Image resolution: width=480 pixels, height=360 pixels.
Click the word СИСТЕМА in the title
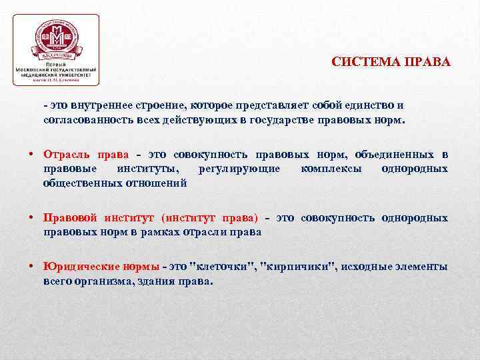363,63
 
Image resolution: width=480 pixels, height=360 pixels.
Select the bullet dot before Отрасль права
31,154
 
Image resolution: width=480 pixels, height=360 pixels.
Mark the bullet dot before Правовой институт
31,217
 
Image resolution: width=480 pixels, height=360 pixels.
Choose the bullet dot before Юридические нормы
31,266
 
